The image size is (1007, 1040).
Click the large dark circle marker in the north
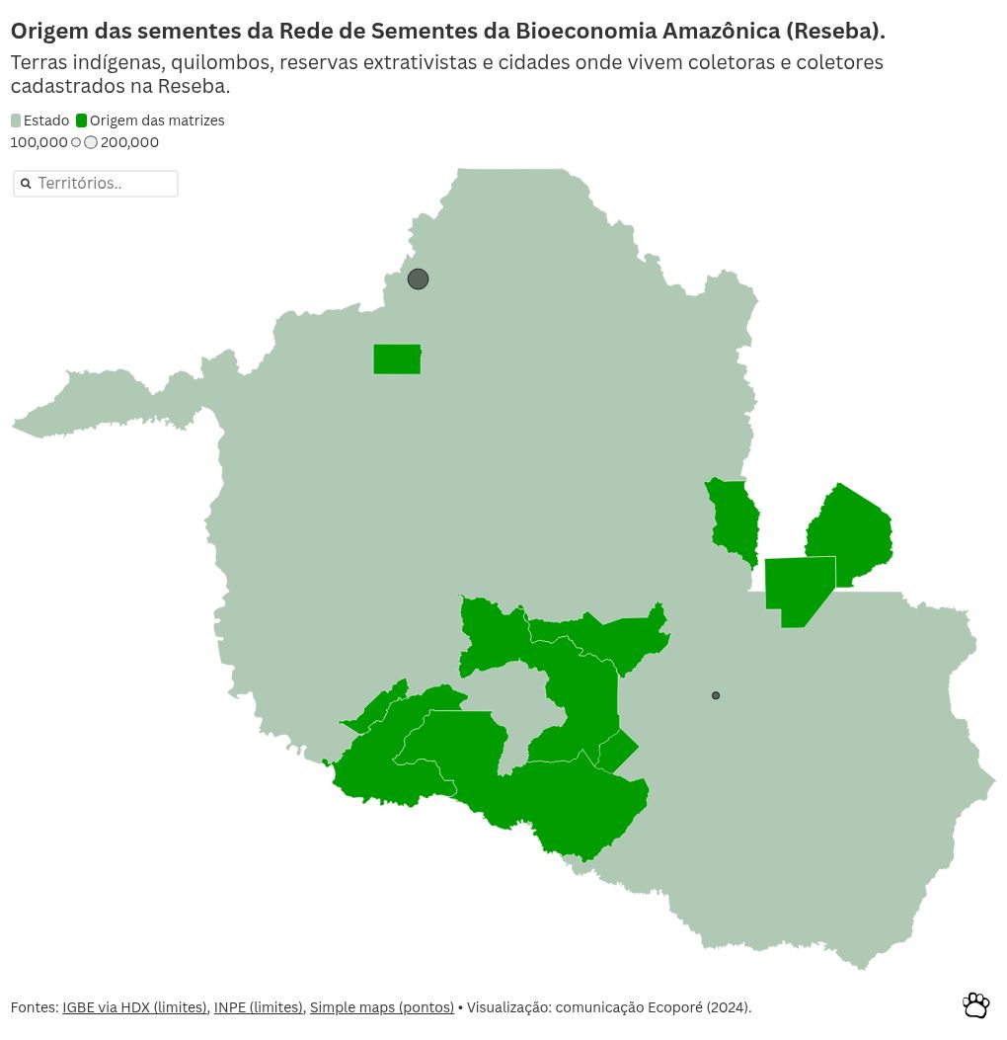[418, 280]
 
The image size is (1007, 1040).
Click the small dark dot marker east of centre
[716, 695]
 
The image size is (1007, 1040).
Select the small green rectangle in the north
[397, 360]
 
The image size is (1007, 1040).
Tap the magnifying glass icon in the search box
[27, 184]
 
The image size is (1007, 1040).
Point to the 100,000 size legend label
[39, 142]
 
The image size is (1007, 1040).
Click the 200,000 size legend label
[129, 142]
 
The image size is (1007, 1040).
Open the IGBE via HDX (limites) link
[134, 1007]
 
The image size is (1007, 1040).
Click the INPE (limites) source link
[259, 1007]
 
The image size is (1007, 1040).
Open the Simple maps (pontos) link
[381, 1007]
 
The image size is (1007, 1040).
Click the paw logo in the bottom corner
[975, 1005]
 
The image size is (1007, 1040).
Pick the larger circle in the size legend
[91, 142]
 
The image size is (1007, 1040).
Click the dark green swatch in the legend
[82, 120]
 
